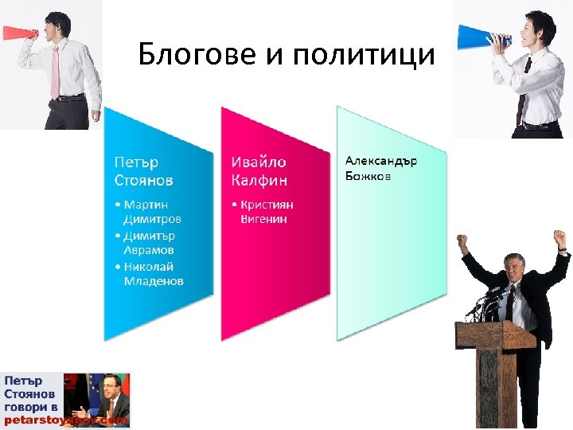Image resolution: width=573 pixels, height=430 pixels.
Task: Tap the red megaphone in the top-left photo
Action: tap(17, 33)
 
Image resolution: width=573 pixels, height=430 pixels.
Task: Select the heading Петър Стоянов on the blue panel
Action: tap(143, 171)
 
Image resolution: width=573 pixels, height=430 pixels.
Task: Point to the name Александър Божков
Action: tap(380, 168)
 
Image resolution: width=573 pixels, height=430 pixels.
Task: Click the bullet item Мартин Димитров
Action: tap(152, 211)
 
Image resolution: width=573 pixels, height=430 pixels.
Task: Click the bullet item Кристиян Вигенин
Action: tap(267, 211)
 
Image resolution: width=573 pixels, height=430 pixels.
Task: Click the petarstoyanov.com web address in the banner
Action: tap(67, 420)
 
